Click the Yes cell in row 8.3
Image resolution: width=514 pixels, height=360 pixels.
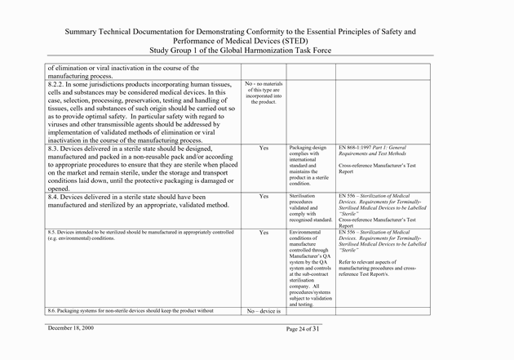[263, 149]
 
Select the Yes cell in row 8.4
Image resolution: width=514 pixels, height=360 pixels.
[263, 197]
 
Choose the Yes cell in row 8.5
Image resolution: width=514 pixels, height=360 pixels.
[263, 233]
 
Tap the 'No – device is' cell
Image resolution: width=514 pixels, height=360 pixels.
[263, 334]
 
